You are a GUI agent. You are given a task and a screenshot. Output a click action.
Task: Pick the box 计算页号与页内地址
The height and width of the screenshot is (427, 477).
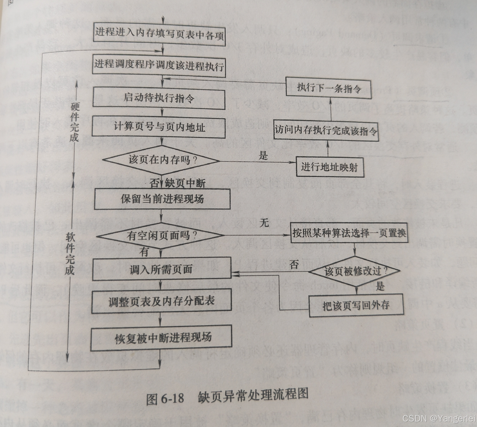(159, 128)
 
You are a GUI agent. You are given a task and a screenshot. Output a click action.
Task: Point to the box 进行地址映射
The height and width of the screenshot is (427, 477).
(329, 167)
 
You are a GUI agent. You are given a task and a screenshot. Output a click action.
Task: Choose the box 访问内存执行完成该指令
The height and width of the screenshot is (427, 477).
(326, 131)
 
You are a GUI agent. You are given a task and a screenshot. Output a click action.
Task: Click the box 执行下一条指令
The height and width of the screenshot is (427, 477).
(328, 88)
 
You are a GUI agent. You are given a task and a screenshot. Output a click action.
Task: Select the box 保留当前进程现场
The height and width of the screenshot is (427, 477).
(162, 199)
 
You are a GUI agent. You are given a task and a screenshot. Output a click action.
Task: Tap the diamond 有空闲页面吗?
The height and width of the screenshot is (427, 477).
(161, 236)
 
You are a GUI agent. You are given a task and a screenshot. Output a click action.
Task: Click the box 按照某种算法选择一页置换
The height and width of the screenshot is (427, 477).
(349, 233)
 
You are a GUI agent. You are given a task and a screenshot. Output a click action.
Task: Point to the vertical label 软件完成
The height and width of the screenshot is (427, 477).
(70, 253)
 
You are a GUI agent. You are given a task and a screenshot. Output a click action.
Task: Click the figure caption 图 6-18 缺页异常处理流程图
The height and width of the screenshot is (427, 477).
(227, 397)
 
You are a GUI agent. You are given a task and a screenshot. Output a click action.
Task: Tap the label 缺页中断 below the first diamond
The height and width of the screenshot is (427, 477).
(185, 183)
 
